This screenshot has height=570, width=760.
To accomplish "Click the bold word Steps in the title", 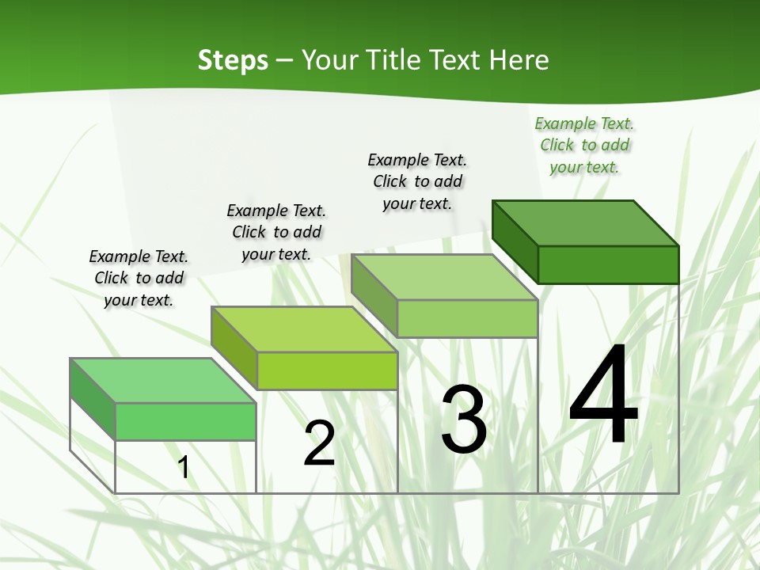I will point(233,60).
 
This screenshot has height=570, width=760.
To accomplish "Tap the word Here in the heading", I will point(519,60).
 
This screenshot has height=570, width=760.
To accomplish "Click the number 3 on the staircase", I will point(464,419).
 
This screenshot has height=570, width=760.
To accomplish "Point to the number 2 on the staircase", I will point(319,443).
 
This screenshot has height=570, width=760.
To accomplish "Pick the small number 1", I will point(184,467).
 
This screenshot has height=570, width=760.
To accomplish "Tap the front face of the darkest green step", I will point(608,264).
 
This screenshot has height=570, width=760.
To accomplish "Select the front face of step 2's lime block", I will point(327,370).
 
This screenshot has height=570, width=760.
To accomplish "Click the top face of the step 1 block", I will point(163,381).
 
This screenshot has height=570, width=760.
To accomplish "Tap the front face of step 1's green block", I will point(185,421).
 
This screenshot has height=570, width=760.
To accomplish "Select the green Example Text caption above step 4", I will point(584,145).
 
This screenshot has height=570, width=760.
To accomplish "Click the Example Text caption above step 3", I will point(417,181).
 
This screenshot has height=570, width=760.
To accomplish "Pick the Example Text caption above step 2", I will point(276,232).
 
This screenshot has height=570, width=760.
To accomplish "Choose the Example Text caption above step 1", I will point(139,278).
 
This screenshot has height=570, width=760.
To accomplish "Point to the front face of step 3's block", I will point(467,318).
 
